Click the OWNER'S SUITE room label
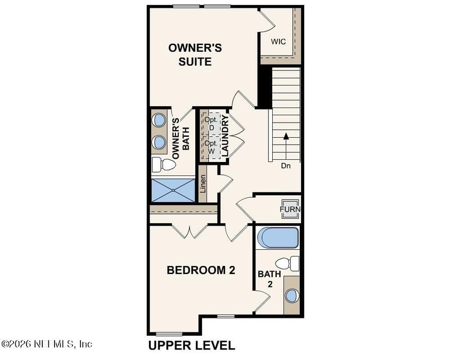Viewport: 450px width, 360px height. (x=195, y=55)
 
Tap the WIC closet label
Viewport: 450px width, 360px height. (x=279, y=42)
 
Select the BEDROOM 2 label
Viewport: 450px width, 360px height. (x=201, y=270)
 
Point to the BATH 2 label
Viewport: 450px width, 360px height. (x=265, y=279)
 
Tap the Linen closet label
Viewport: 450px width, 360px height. (x=203, y=184)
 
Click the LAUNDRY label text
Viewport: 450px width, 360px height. (x=224, y=136)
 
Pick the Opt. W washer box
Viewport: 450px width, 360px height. (x=211, y=147)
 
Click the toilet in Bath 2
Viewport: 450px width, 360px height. (x=289, y=263)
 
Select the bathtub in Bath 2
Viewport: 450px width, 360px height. (x=278, y=238)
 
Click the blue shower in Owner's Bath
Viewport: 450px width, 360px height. (x=173, y=190)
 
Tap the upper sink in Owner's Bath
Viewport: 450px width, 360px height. (x=159, y=120)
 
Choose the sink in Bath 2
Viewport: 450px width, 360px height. (x=292, y=296)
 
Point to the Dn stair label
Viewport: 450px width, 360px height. (x=286, y=166)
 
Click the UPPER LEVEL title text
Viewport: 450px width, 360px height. (x=191, y=345)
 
